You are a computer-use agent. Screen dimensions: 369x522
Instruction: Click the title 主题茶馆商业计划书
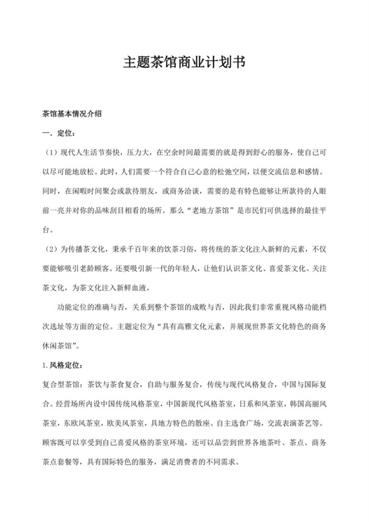[184, 63]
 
